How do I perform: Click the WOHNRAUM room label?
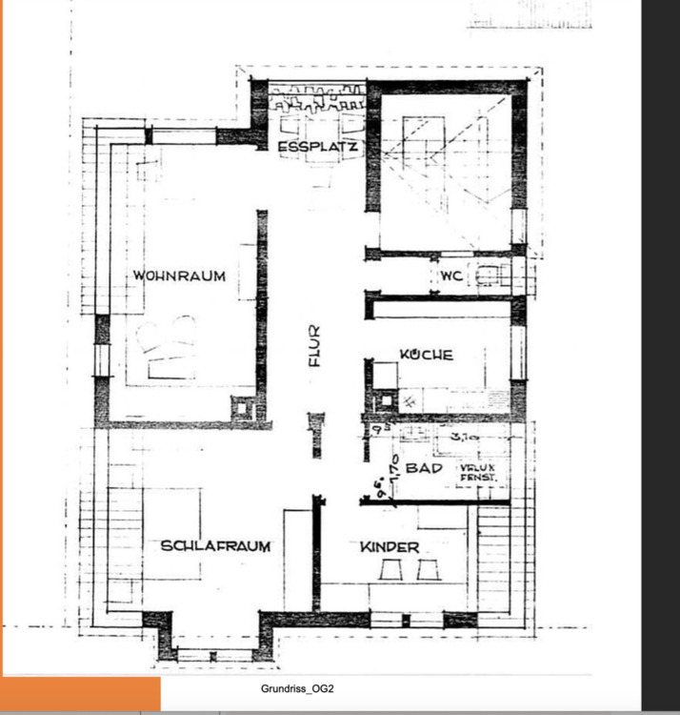coord(179,276)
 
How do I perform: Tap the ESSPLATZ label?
coord(317,148)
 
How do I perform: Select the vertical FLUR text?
coord(315,347)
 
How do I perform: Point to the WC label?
coord(451,276)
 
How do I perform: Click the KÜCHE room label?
coord(426,355)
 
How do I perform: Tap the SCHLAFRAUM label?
coord(215,546)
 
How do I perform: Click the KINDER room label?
coord(390,547)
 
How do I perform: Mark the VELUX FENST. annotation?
coord(478,473)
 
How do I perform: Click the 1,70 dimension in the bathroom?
coord(390,470)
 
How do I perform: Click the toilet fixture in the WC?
coord(489,276)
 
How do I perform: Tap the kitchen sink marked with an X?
coord(410,402)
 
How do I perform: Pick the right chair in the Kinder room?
coord(428,570)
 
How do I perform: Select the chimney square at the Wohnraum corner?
coord(242,408)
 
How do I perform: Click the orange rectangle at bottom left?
coord(81,695)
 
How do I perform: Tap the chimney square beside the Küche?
coord(385,375)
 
